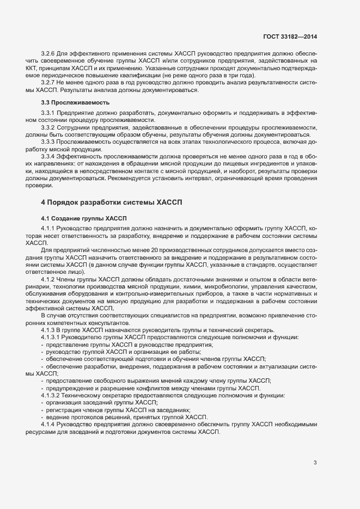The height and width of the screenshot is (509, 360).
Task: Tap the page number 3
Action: click(x=315, y=463)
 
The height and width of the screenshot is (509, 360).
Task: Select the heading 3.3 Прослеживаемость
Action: click(x=68, y=102)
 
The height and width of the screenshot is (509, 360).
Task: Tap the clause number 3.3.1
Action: click(x=48, y=112)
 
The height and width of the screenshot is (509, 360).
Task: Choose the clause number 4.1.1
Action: click(x=48, y=226)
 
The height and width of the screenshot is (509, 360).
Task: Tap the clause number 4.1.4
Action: click(x=48, y=424)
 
